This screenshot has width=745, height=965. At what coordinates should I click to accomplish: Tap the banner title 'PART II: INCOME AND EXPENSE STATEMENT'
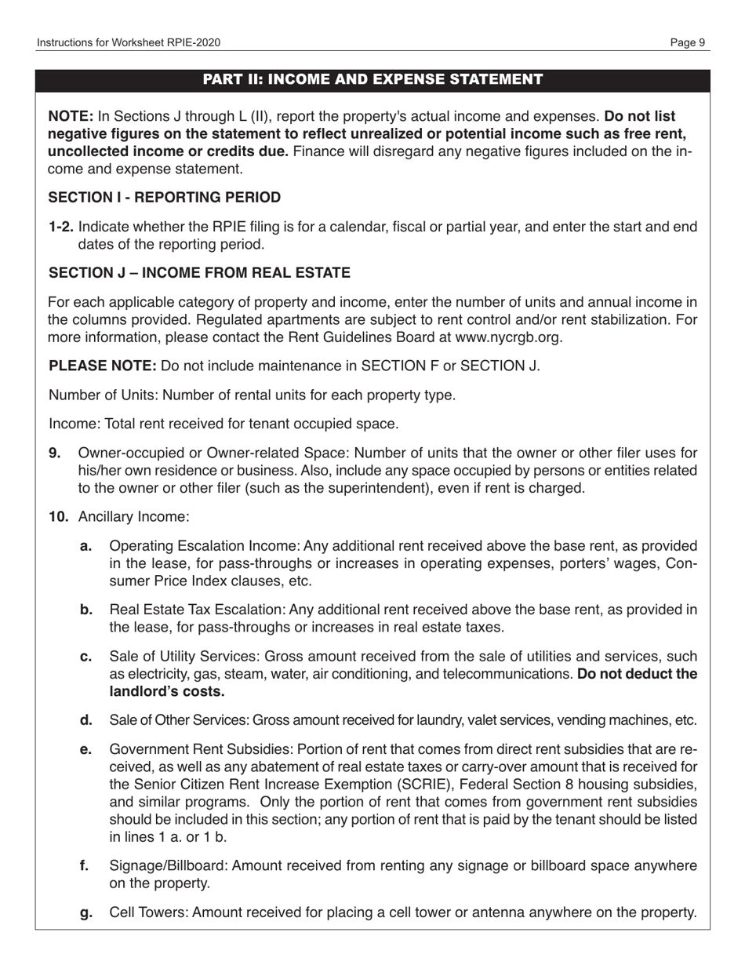point(372,79)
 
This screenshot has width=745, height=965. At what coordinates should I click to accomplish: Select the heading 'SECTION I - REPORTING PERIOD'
point(164,197)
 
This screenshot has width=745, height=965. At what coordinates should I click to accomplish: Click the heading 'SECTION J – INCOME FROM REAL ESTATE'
point(199,273)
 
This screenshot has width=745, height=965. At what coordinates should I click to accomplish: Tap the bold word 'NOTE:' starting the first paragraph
point(71,116)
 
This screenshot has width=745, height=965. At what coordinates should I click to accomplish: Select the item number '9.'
point(54,453)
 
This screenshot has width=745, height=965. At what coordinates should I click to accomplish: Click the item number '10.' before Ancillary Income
point(58,517)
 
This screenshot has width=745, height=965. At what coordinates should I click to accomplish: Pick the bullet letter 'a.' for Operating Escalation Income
point(87,546)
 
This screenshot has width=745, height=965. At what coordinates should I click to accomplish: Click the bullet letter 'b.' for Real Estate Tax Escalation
point(87,610)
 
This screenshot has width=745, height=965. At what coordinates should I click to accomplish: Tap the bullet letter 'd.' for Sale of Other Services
point(87,720)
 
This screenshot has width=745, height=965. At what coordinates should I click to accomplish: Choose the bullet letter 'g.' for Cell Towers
point(87,912)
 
